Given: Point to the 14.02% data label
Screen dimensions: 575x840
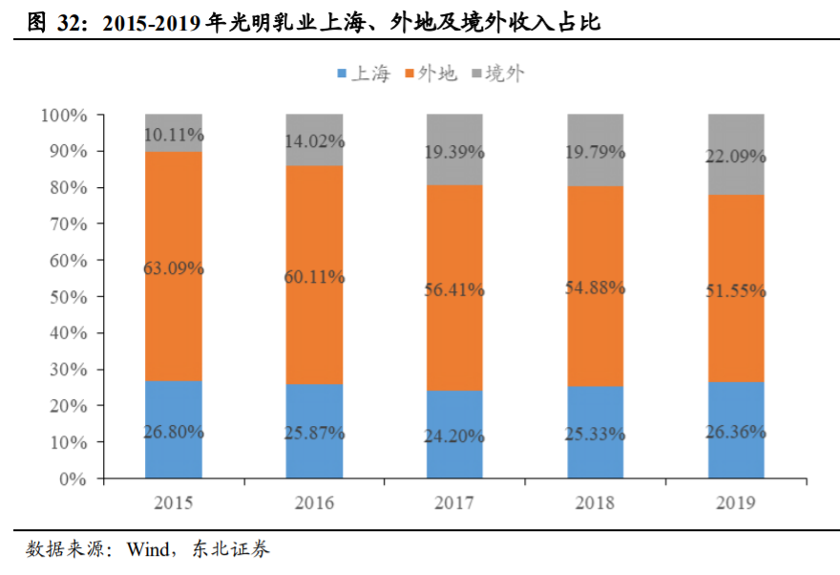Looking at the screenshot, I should coord(314,141).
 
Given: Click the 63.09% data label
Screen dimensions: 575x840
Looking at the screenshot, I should coord(173,268).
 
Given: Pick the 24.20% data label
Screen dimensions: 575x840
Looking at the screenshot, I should coord(454,435).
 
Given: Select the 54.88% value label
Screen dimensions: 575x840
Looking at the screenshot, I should coord(596,287).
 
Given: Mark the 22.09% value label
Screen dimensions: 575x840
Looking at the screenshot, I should coord(736,155).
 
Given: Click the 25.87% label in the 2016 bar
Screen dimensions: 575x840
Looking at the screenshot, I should coord(314,432).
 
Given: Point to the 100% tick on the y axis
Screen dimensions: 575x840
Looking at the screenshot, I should coord(64,116).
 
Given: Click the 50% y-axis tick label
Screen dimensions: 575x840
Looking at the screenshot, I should coord(68,297).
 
